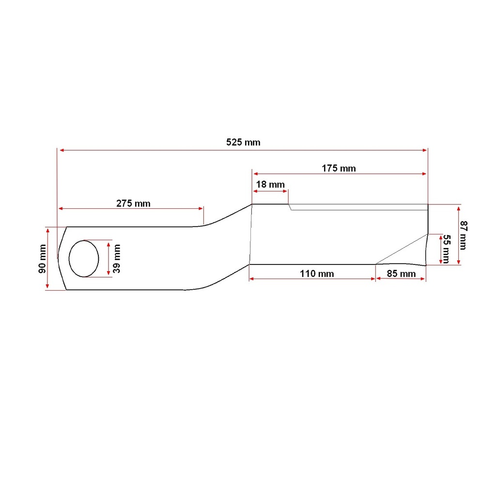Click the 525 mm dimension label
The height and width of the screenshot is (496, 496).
243,142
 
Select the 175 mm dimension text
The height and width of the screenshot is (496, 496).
339,168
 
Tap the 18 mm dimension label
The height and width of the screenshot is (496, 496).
270,185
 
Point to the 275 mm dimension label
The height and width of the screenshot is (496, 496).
133,203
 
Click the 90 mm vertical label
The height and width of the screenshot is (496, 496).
43,259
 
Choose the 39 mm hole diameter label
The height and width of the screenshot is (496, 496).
117,259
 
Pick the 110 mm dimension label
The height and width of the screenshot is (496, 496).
317,274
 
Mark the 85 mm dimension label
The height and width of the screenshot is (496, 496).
401,274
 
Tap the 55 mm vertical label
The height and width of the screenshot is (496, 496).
446,249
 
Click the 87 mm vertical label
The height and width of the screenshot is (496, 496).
464,235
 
